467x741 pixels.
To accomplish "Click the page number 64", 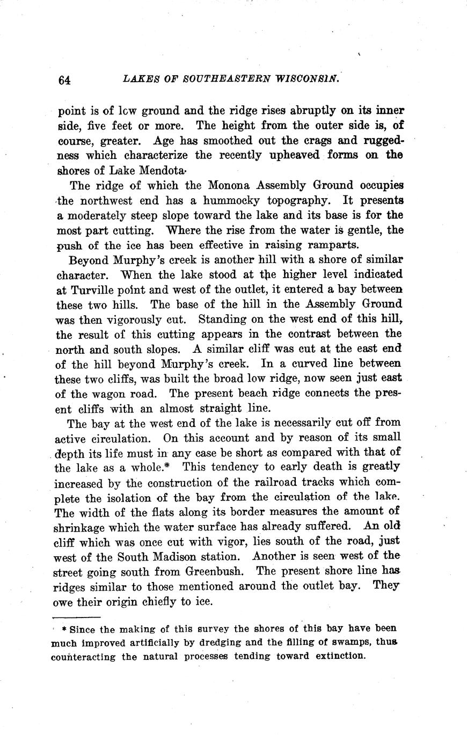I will coord(64,79).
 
